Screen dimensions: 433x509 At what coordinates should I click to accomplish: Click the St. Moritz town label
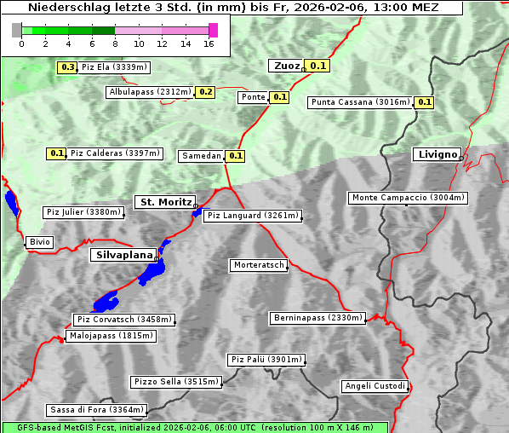click(164, 202)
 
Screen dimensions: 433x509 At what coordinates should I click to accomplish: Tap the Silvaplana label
click(123, 255)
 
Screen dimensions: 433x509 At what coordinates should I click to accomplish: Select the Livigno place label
click(436, 154)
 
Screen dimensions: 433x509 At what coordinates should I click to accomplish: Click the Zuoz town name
click(285, 66)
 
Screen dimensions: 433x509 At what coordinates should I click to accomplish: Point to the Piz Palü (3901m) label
click(266, 360)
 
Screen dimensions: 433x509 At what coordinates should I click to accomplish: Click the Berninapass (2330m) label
click(317, 318)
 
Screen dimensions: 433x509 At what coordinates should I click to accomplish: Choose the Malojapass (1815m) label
click(111, 336)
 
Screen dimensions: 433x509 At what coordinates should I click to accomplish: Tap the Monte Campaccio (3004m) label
click(408, 198)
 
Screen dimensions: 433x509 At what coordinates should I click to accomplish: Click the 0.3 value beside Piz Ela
click(66, 67)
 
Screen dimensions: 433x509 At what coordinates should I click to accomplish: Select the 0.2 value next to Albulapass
click(205, 92)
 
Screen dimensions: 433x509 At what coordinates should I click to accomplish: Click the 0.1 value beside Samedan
click(236, 156)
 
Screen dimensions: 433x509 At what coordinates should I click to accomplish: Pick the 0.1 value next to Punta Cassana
click(425, 102)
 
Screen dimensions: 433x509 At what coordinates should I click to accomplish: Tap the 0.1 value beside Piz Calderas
click(56, 153)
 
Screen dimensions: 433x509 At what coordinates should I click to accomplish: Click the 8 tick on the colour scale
click(115, 43)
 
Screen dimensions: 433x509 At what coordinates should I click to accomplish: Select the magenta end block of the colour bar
click(213, 30)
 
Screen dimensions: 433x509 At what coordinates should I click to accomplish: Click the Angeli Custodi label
click(375, 386)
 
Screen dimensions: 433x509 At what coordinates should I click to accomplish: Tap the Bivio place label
click(40, 242)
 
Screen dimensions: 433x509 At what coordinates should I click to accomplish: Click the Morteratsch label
click(258, 265)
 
